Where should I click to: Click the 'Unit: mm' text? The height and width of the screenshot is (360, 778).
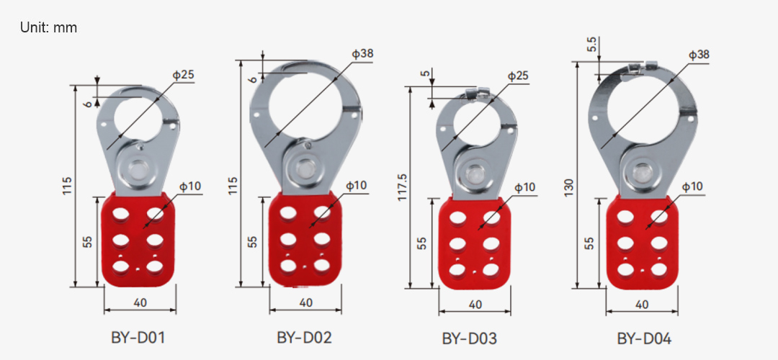click(x=49, y=28)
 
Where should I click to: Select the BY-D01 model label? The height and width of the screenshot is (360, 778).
click(x=138, y=338)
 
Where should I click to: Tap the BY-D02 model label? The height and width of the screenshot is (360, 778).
click(x=304, y=338)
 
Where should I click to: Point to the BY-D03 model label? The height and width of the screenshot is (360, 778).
click(x=470, y=339)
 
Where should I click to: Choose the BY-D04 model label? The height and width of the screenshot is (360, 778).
click(x=644, y=339)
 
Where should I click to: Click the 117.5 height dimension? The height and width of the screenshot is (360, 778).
click(x=403, y=187)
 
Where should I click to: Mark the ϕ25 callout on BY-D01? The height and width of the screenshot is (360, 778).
click(x=183, y=76)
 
